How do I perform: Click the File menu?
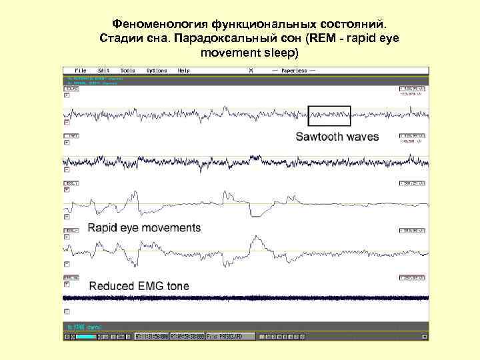[81, 70]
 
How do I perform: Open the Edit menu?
[103, 70]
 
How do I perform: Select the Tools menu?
[127, 70]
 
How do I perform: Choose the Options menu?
[157, 70]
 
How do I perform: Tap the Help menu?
[184, 70]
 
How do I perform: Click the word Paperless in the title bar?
[293, 70]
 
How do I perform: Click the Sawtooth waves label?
[337, 137]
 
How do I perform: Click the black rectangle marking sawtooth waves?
[329, 115]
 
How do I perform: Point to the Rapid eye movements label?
[144, 227]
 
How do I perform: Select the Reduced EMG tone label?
[139, 286]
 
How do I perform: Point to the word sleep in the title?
[283, 51]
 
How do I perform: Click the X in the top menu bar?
[251, 70]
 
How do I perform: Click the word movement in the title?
[229, 51]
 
